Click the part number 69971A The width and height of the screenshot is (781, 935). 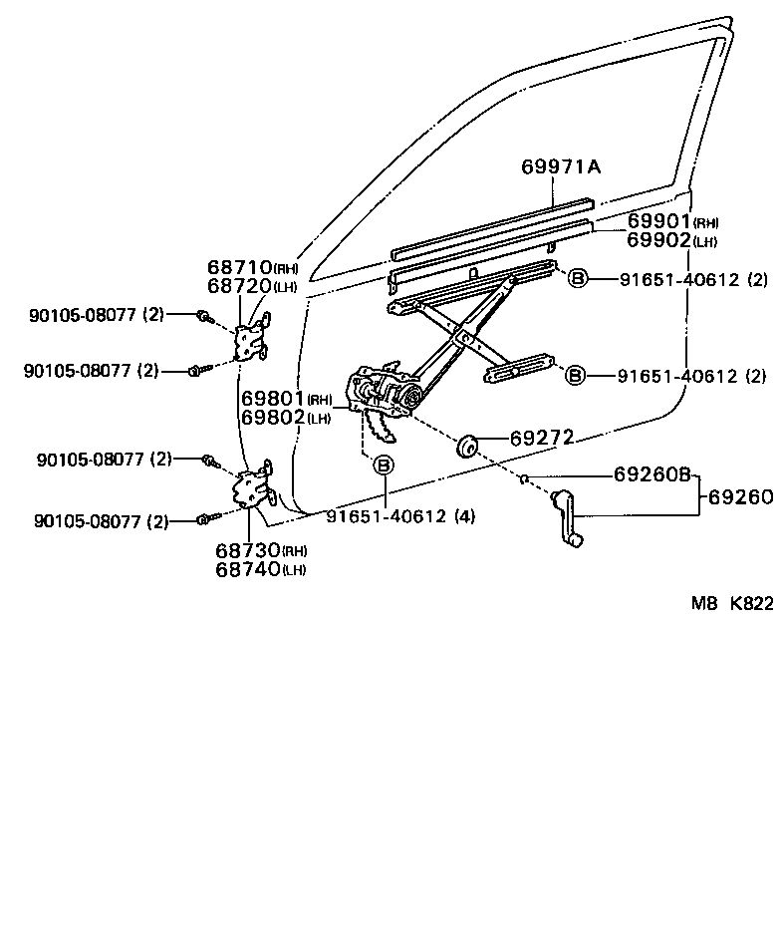click(x=561, y=166)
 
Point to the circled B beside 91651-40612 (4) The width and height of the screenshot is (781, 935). click(x=383, y=465)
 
